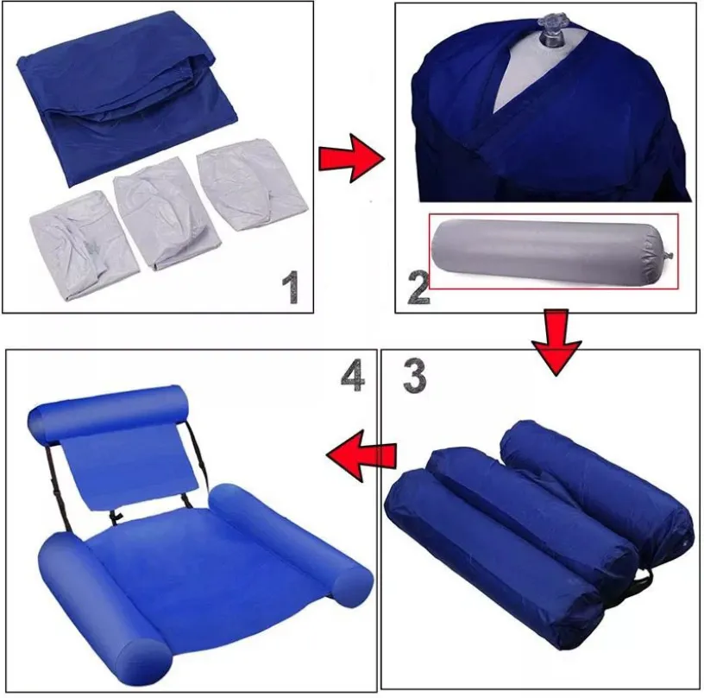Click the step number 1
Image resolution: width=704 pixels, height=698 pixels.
pos(291,287)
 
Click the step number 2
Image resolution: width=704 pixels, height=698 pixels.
pos(418,289)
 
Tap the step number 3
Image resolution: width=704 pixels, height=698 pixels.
pos(414,376)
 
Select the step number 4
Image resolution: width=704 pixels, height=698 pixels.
pos(353,376)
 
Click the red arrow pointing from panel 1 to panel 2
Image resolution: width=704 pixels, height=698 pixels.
pos(351,158)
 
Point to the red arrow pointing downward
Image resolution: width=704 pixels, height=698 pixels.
pos(556,341)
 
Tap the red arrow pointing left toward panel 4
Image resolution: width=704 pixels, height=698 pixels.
pos(361,455)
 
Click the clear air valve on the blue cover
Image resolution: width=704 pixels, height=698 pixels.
pos(551,30)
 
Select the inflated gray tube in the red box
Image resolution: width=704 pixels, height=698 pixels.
pos(550,252)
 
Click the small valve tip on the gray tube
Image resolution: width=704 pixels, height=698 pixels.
pos(669,255)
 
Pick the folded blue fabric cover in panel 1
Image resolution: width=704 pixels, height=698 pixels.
pos(127,97)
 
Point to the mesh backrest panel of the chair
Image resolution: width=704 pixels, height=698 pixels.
pos(130,467)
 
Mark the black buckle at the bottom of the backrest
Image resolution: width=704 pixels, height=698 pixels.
pos(116,517)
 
